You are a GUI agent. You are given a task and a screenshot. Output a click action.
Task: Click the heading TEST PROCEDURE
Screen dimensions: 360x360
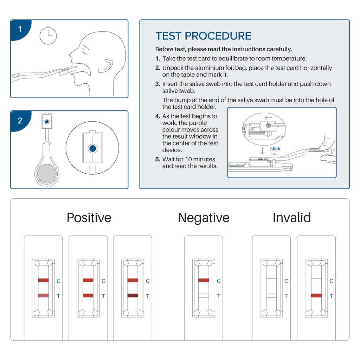point(203,36)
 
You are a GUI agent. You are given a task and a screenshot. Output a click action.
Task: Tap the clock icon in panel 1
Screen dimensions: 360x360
point(48,36)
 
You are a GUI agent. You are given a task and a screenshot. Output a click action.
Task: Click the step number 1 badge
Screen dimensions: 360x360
point(20,29)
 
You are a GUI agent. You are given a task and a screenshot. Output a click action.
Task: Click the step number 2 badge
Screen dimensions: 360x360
point(20,121)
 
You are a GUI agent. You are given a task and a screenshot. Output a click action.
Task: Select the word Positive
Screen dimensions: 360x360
point(89,218)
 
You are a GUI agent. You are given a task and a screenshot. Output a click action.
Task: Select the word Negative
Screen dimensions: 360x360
point(204,218)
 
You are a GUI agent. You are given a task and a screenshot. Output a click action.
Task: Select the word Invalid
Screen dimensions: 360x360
point(291,218)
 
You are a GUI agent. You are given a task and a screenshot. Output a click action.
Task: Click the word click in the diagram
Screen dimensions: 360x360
point(275,149)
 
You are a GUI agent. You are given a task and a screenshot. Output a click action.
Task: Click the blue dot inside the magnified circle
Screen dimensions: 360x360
point(92,149)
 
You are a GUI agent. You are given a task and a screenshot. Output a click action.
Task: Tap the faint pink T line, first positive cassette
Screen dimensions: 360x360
point(43,296)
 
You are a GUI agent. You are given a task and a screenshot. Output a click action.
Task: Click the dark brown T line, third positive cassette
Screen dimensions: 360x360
point(133,296)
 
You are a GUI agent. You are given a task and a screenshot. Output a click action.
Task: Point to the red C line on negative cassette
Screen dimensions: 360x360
point(204,280)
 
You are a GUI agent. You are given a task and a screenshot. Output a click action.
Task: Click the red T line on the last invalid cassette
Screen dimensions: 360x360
point(316,296)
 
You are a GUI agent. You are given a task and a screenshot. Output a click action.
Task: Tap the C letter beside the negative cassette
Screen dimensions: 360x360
point(219,281)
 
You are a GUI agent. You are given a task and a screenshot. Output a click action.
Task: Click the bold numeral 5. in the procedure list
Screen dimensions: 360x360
point(158,159)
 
